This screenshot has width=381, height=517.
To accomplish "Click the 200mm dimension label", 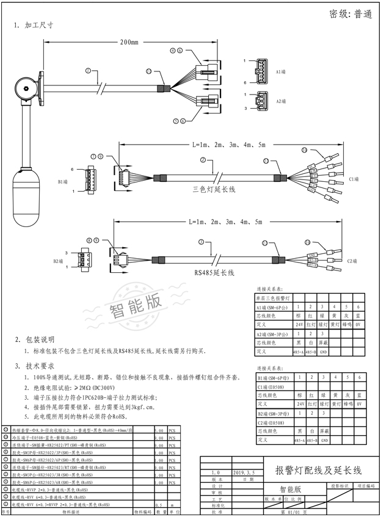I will (x=129, y=43).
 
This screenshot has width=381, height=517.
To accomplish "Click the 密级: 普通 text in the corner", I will (x=350, y=14).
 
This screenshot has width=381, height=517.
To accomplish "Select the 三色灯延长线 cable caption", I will (x=214, y=190).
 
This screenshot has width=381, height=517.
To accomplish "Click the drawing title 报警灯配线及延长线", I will (x=319, y=470).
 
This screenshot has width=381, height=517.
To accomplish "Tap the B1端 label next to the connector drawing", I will (x=62, y=181).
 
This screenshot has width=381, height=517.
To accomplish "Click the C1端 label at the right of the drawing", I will (x=353, y=179).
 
